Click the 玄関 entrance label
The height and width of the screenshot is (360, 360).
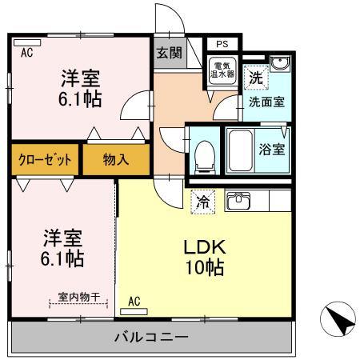pyautogui.click(x=168, y=53)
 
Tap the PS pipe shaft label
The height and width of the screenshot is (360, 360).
pyautogui.click(x=220, y=46)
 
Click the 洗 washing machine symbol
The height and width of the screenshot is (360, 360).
pyautogui.click(x=255, y=78)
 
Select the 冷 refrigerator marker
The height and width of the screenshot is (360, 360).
pyautogui.click(x=203, y=202)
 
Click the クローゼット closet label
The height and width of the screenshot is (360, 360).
pyautogui.click(x=46, y=159)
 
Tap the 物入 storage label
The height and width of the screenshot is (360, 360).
pyautogui.click(x=115, y=159)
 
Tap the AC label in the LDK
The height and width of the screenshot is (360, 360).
pyautogui.click(x=134, y=301)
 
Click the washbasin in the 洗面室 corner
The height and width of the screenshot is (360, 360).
pyautogui.click(x=278, y=66)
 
